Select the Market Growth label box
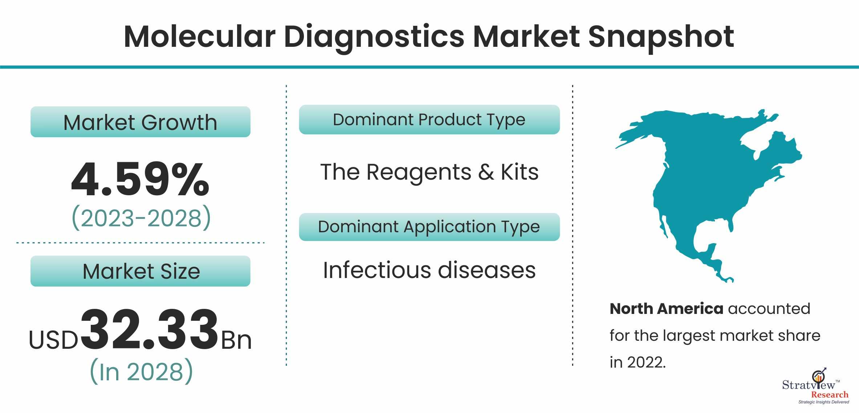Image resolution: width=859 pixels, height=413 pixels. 141,122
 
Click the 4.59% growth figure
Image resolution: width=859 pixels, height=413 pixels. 140,179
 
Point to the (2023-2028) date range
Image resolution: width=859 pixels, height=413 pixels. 141,218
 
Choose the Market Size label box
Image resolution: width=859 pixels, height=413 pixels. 141,271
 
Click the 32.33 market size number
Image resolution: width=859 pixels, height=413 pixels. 149,330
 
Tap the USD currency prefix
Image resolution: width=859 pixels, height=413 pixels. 54,340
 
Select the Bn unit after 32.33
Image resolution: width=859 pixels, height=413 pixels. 236,340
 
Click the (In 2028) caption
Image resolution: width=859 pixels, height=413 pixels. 141,371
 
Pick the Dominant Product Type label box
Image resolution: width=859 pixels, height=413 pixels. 429,120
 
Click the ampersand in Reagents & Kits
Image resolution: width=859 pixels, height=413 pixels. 486,172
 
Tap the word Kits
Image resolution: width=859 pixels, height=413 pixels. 520,172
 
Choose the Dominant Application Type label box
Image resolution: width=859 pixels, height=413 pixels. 429,227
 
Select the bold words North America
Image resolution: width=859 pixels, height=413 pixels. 667,309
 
